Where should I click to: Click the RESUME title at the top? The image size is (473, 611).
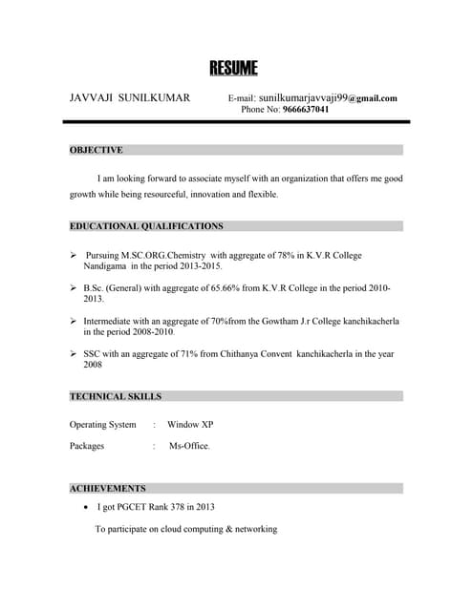(x=234, y=68)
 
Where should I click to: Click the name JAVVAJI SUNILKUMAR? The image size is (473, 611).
(x=130, y=98)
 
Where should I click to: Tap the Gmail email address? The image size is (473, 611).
(x=328, y=98)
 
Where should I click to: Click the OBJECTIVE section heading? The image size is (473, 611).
(x=97, y=150)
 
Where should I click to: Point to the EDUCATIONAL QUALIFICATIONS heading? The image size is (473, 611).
(x=146, y=226)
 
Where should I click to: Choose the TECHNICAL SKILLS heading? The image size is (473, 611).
(x=116, y=396)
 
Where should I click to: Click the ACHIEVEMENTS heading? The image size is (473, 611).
(x=108, y=488)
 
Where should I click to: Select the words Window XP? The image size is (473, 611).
(x=190, y=424)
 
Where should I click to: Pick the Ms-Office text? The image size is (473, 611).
(x=189, y=446)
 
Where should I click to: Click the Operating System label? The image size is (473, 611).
(x=102, y=424)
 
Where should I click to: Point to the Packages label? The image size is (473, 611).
(x=87, y=446)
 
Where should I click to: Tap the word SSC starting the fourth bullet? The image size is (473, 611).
(x=93, y=353)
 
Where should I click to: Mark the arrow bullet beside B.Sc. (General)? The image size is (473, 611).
(x=74, y=287)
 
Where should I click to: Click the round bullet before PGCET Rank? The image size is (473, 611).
(x=87, y=507)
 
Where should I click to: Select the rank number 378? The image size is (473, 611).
(x=183, y=507)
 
